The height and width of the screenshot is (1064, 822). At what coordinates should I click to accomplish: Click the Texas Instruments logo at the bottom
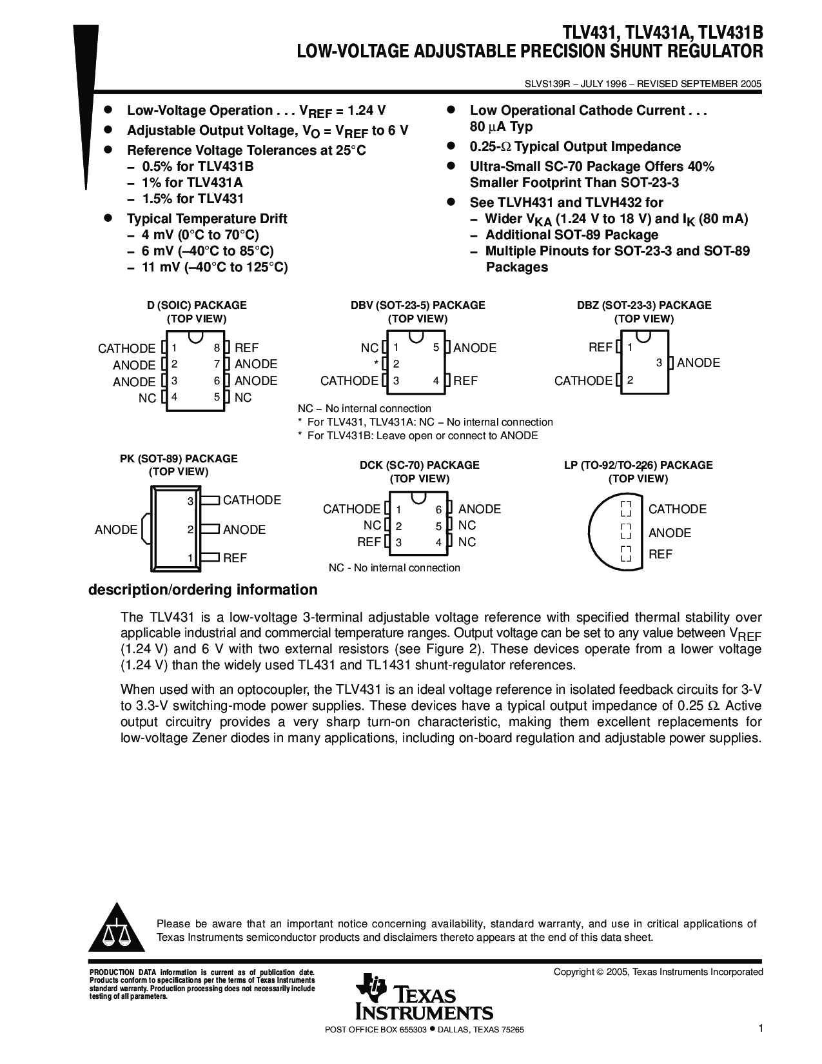coord(424,996)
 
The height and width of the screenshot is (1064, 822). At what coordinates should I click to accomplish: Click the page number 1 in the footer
coord(761,1029)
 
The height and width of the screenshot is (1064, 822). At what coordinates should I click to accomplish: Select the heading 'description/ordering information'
coord(202,590)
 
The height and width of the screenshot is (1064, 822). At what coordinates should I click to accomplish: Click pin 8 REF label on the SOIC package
coord(246,348)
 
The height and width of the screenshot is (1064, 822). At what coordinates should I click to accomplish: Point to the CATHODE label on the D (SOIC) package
coord(126,348)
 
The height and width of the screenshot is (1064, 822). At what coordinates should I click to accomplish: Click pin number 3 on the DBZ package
coord(659,363)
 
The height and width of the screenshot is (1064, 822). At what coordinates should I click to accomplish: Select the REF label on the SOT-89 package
coord(235,558)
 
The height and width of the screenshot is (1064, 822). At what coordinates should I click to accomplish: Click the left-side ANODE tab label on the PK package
coord(116,529)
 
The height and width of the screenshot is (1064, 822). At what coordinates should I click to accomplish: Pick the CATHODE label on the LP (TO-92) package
coord(677,509)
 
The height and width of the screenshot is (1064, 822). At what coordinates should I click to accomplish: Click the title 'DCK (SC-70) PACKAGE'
coord(419,465)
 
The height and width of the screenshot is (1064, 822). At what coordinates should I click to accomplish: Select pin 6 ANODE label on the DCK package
coord(479,509)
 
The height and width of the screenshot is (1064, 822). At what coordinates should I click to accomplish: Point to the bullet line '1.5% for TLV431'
coord(193,199)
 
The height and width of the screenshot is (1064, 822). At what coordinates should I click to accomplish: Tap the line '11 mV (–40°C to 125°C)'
coord(215,267)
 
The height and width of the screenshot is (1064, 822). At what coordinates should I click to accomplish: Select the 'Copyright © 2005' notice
coord(658,972)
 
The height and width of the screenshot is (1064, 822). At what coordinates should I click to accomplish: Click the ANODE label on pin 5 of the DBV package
coord(475,348)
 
